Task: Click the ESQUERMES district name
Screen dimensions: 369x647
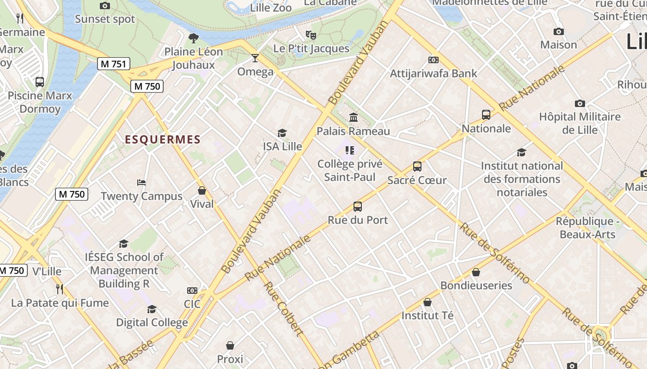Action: [163, 140]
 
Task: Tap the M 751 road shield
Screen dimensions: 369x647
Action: [114, 64]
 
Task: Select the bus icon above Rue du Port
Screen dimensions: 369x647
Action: [358, 207]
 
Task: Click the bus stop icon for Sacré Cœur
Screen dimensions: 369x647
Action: [417, 167]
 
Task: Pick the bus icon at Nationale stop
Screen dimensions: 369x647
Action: [486, 115]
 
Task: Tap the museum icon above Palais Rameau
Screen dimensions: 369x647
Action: [354, 118]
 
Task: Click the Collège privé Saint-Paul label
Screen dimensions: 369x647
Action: [350, 170]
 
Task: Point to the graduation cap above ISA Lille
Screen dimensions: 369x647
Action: [282, 133]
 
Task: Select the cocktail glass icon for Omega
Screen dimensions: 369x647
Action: [255, 58]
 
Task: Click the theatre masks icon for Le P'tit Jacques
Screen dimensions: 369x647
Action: [311, 35]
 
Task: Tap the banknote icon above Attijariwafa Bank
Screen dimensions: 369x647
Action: [433, 60]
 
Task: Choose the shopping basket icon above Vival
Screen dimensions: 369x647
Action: [202, 190]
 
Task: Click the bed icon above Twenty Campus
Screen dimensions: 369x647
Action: [141, 183]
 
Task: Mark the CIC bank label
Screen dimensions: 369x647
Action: [192, 304]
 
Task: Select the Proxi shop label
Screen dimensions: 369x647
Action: [230, 358]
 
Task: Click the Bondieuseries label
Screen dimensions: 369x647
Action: [476, 285]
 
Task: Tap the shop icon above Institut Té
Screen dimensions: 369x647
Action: [427, 303]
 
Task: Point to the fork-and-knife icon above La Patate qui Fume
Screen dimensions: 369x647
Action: [60, 289]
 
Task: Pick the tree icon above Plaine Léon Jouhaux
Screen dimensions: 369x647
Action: [194, 38]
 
